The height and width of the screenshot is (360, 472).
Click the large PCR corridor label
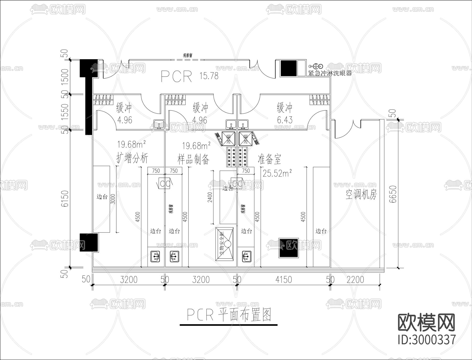pyautogui.click(x=176, y=76)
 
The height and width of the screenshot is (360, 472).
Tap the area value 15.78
pyautogui.click(x=209, y=76)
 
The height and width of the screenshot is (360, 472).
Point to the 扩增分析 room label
pyautogui.click(x=132, y=158)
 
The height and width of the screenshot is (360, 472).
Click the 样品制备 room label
pyautogui.click(x=194, y=159)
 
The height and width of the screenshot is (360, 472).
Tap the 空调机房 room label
pyautogui.click(x=361, y=195)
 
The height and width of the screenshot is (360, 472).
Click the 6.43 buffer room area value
pyautogui.click(x=285, y=120)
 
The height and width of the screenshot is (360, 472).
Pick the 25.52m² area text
pyautogui.click(x=277, y=173)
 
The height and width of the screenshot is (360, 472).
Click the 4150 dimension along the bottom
pyautogui.click(x=283, y=280)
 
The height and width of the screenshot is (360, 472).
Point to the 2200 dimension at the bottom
pyautogui.click(x=355, y=280)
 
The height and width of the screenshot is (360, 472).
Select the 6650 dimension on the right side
pyautogui.click(x=393, y=194)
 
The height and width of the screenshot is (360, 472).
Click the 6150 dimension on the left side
pyautogui.click(x=65, y=198)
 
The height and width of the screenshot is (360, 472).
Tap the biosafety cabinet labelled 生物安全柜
pyautogui.click(x=224, y=244)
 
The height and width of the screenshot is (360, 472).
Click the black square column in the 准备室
pyautogui.click(x=288, y=248)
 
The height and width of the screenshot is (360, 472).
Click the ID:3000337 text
pyautogui.click(x=427, y=340)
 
